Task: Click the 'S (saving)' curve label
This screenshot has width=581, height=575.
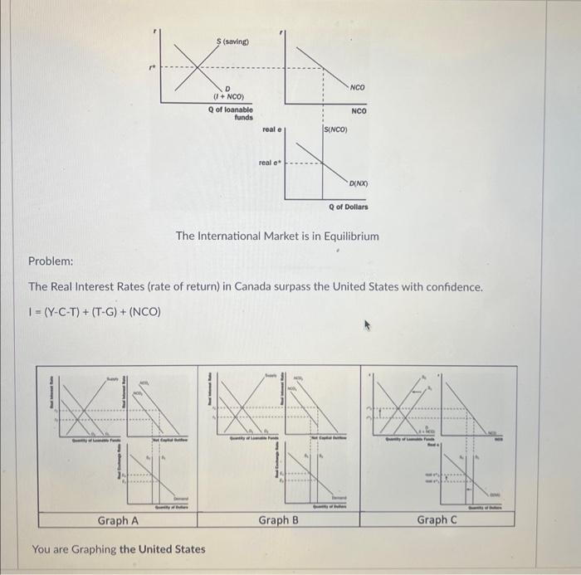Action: (232, 41)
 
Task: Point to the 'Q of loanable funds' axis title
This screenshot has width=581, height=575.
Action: (232, 114)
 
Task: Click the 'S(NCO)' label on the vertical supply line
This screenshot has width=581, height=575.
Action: (335, 129)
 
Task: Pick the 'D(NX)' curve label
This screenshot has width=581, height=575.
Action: (359, 183)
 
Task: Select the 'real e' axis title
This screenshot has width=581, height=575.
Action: (272, 130)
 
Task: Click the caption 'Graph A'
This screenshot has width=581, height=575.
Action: (118, 521)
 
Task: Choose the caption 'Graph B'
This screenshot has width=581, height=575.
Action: (278, 521)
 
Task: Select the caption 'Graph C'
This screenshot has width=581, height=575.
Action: (437, 520)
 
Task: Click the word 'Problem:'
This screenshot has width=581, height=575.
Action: (51, 261)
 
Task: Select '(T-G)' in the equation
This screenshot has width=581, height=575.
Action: (100, 312)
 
